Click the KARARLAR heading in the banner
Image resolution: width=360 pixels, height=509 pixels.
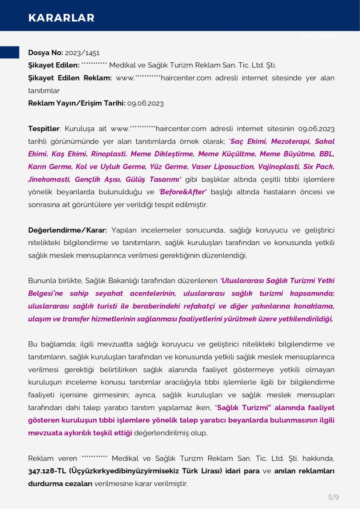pos(61,17)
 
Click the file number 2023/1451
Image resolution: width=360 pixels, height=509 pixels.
pos(82,53)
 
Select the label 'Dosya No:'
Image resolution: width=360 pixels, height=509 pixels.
pos(45,53)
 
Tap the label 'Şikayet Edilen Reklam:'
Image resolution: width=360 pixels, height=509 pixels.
pos(70,78)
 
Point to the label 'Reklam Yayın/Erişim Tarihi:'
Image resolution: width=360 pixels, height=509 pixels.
pos(76,103)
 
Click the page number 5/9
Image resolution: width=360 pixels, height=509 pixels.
pos(333,497)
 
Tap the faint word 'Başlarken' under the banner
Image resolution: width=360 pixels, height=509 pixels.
pos(320,36)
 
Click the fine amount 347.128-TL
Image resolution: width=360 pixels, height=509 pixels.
pos(48,471)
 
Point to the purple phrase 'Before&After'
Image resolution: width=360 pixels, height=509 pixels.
pos(183,192)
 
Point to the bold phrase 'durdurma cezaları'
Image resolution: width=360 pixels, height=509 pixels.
pos(60,484)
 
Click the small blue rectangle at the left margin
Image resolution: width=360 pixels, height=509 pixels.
pos(9,53)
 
